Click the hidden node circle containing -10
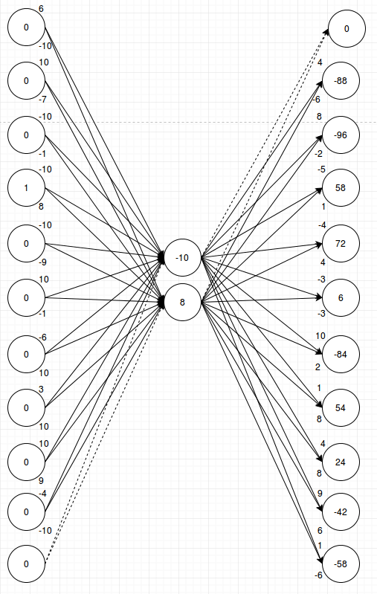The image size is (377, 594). point(183,258)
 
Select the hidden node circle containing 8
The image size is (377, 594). point(183,303)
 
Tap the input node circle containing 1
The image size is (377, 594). point(26,188)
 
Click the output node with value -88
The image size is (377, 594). point(346,80)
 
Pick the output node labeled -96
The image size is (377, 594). point(346,135)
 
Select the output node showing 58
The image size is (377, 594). point(346,188)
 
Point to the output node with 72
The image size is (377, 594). point(346,243)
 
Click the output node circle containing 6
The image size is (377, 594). point(346,297)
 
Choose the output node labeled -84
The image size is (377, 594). point(346,353)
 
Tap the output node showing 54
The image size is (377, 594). point(346,407)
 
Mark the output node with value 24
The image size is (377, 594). point(346,462)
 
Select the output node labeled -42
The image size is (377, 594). point(346,512)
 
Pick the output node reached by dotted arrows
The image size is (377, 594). point(346,29)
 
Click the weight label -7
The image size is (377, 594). point(43,99)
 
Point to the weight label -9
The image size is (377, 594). point(43,262)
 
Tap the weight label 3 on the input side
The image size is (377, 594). point(41,390)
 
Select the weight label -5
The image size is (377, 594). point(321,170)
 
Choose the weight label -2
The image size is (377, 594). point(319,154)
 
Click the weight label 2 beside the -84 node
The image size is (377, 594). point(318,367)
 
